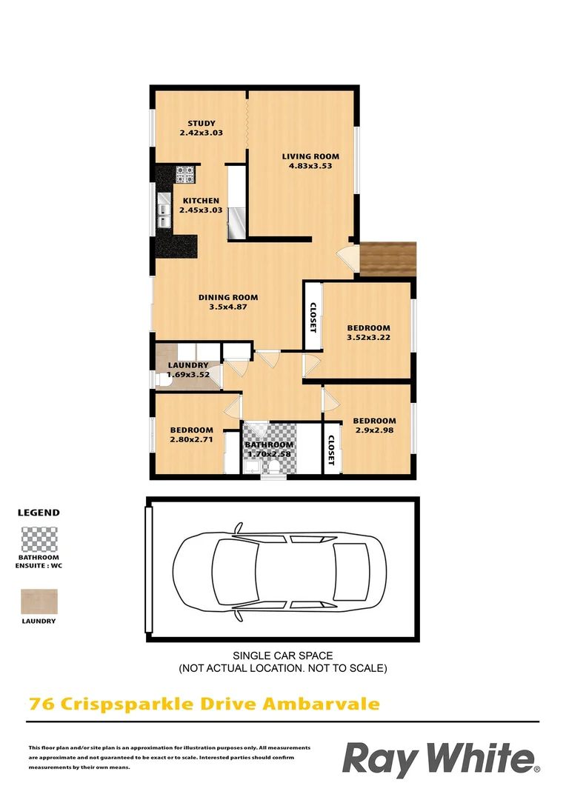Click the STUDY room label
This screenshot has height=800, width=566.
[x=201, y=124]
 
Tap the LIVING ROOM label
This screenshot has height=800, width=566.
[x=310, y=156]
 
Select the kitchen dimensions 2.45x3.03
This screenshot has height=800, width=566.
[x=201, y=210]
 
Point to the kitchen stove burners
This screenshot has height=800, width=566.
[x=185, y=175]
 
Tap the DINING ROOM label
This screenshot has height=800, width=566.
[x=227, y=298]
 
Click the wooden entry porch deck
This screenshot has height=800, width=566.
[x=388, y=259]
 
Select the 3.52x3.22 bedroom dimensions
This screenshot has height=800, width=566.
[x=368, y=338]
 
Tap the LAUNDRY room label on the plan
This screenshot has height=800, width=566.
[x=187, y=365]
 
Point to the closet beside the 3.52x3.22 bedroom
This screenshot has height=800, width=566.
[x=313, y=317]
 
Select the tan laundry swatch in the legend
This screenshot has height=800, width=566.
[x=39, y=601]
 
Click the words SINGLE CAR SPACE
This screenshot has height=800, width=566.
[x=283, y=656]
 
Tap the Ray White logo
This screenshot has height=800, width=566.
[x=440, y=760]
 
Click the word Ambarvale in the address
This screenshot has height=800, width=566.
[x=322, y=703]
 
